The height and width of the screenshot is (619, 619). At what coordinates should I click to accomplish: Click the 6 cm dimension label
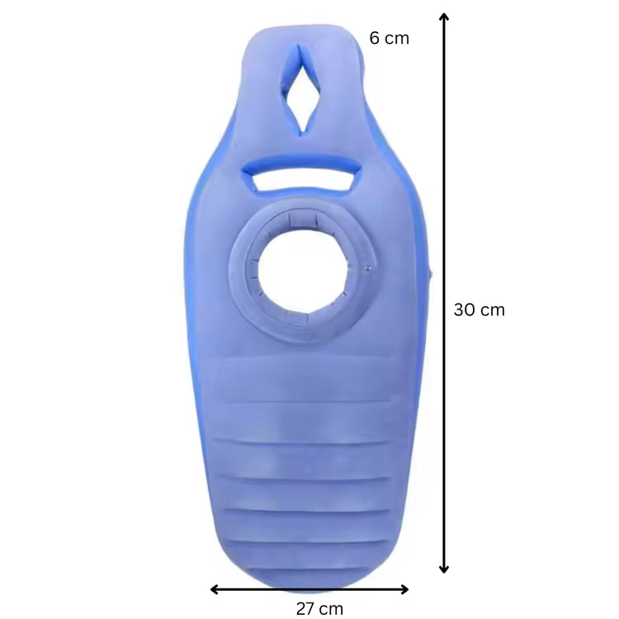click(389, 38)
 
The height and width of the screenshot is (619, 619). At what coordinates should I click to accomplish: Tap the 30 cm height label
click(479, 310)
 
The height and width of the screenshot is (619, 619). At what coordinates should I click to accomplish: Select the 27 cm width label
click(319, 609)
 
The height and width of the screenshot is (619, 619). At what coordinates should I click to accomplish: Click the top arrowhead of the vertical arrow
click(444, 17)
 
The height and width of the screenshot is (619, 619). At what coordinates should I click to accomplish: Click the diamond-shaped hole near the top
click(302, 90)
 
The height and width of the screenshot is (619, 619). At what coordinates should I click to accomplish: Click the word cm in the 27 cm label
click(331, 609)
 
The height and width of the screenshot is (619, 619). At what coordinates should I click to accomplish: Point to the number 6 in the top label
click(375, 38)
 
